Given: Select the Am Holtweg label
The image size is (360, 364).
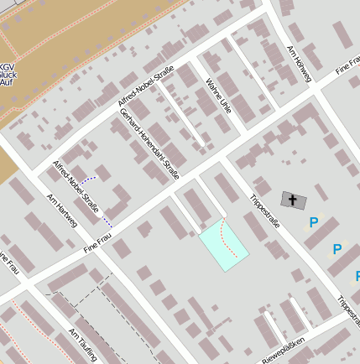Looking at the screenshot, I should [300, 64].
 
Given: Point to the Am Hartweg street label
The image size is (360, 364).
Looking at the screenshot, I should [62, 210].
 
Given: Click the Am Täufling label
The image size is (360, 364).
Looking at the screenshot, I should [82, 344].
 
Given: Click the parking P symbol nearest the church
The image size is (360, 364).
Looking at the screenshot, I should [313, 222].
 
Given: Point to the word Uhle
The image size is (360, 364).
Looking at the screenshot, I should [223, 107].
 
